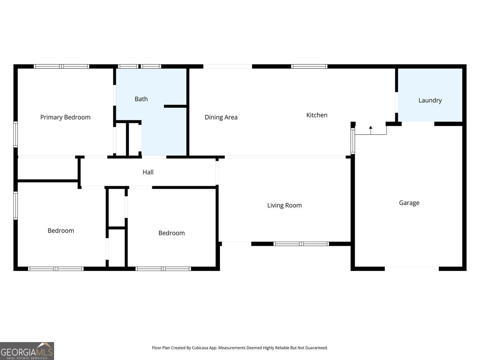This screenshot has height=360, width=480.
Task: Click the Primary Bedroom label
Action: coord(65,117)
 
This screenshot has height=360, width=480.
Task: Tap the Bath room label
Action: coord(141,99)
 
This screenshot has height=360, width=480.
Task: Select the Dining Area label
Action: coord(221,117)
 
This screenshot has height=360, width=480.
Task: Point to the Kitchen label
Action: coord(316,115)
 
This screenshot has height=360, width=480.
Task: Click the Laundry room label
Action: coord(430,100)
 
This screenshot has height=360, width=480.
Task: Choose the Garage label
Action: coord(409,203)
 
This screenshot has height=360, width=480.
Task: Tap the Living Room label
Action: coord(284,205)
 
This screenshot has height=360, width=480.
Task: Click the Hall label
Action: coord(148,172)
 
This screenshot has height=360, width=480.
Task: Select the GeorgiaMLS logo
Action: coord(27,351)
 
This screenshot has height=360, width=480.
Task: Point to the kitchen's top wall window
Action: coord(309,67)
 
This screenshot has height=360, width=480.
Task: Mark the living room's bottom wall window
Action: coord(301,244)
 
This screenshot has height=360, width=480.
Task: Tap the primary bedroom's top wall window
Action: coord(61,67)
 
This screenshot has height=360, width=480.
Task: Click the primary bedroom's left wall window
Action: coord(15,134)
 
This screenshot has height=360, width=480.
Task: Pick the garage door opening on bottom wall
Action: coord(412,268)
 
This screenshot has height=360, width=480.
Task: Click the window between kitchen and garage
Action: coord(353,141)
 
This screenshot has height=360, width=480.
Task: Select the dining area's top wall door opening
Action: coord(228,67)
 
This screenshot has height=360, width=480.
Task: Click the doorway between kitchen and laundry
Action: coord(396,102)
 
